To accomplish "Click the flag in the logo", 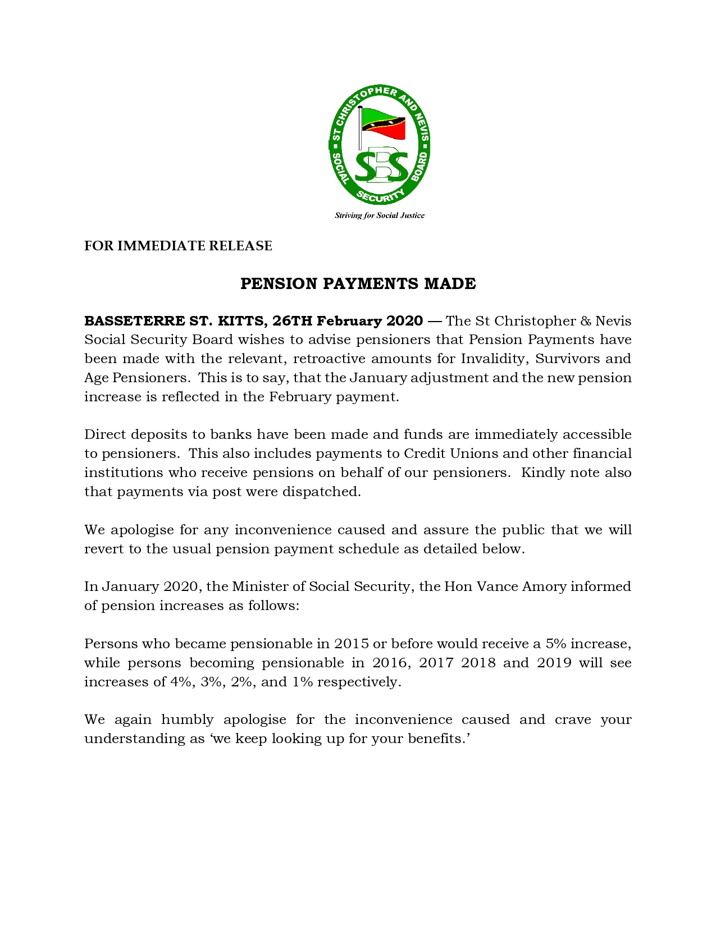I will [384, 123].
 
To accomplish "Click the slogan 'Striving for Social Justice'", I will [380, 216].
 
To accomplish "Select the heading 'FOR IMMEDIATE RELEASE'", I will [178, 246].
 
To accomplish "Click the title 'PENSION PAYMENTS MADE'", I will [358, 283].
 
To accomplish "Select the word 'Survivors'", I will [564, 359].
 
